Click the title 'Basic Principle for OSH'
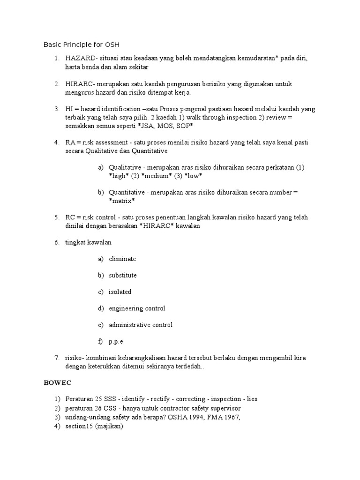(82, 45)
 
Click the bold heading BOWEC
(58, 383)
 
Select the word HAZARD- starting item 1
(81, 58)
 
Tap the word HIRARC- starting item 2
(80, 84)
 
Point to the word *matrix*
(122, 201)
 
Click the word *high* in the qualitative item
(119, 176)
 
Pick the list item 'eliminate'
(122, 259)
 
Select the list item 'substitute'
(123, 275)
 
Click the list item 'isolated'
(120, 292)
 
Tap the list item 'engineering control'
(137, 308)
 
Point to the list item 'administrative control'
(141, 325)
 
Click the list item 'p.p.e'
(116, 341)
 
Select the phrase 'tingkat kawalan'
(89, 242)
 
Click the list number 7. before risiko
(56, 358)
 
